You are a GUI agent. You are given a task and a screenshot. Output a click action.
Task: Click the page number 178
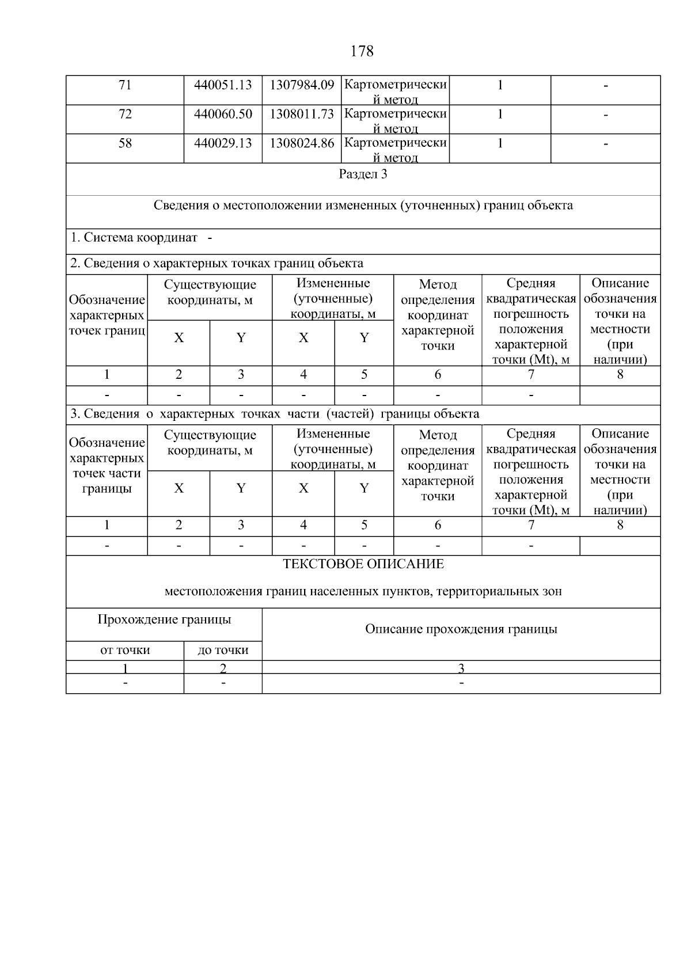pos(362,51)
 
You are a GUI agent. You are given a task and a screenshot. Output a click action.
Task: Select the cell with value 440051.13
pos(223,85)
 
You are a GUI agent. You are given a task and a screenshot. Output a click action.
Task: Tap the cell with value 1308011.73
pos(302,114)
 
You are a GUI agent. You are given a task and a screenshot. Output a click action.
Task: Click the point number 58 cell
pos(125,143)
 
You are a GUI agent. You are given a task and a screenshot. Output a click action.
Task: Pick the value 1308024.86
pos(302,143)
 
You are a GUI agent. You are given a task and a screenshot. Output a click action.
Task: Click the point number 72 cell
pos(125,114)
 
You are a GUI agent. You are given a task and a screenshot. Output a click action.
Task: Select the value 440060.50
pos(223,114)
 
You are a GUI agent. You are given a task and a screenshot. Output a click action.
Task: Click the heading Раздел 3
pos(363,174)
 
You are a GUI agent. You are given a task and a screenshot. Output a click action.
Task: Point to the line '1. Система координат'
pos(134,237)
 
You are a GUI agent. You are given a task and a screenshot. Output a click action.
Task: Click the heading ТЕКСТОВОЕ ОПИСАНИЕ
pos(363,564)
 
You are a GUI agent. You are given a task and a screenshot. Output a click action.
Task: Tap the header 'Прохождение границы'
pos(164,619)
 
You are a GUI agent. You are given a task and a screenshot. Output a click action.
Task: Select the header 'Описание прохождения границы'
pos(461,629)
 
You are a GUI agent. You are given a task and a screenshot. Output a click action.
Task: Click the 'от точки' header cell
pos(125,651)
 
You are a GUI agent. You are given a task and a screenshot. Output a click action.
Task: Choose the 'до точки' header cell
pos(223,651)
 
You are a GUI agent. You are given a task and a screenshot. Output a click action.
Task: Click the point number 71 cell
pos(125,85)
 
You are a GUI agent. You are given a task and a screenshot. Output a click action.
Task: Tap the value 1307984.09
pos(302,85)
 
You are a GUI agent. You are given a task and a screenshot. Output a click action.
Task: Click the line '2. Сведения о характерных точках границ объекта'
pos(217,264)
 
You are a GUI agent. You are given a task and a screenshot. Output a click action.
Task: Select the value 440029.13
pos(223,143)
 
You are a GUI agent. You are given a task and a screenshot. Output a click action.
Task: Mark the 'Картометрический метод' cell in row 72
pos(395,120)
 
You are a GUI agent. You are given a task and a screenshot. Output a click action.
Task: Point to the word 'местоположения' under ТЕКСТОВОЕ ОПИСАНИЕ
pos(213,591)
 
